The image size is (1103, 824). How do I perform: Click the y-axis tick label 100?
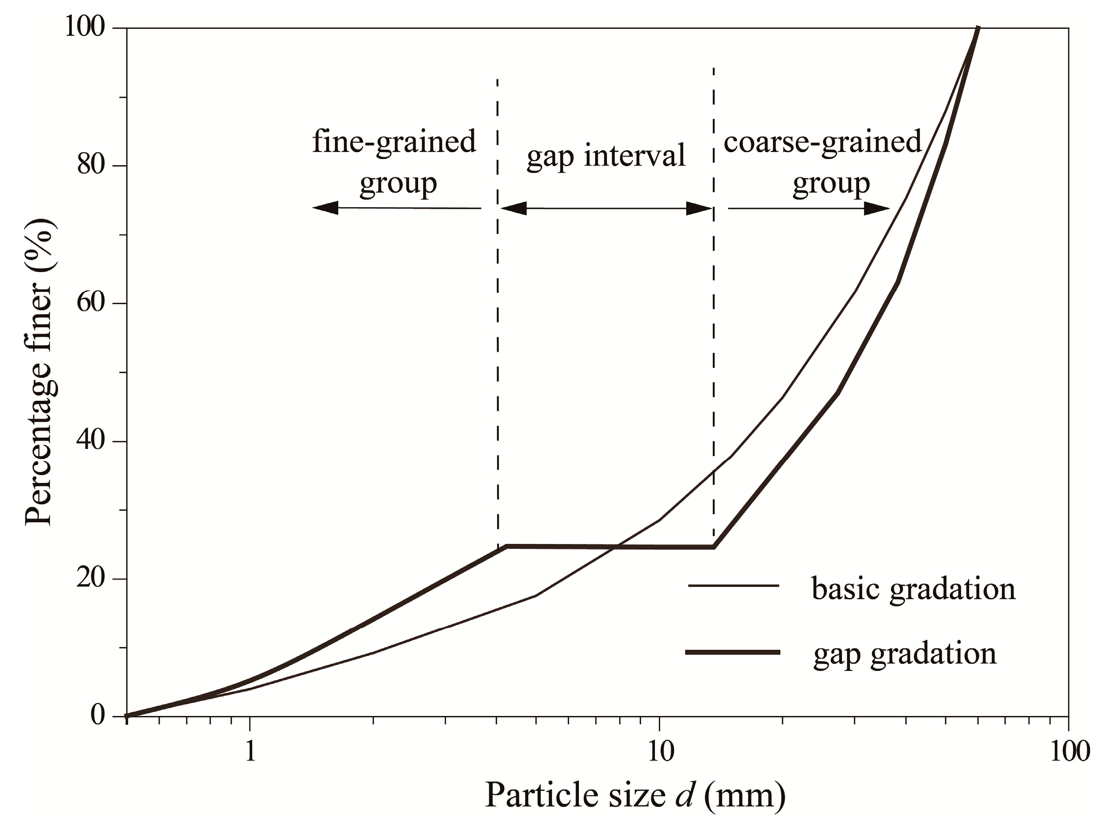pos(85,27)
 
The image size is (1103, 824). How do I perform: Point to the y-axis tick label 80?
pos(91,165)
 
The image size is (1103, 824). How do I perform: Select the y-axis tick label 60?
pos(91,303)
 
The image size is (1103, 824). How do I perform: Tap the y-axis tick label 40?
pos(91,441)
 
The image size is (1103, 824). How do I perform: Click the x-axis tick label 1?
pos(250,752)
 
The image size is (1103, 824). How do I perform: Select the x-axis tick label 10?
pos(660,752)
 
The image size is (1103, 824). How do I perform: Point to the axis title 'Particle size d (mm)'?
pos(635,796)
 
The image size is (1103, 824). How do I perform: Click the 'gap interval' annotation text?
pos(606,156)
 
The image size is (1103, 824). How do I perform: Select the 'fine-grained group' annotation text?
pos(395,161)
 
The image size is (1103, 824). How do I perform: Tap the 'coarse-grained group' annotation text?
pos(822,161)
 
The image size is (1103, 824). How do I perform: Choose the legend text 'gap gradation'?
pos(905,654)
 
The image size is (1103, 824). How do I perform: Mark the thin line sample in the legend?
pos(733,586)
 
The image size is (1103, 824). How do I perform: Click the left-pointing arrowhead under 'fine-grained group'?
pos(326,208)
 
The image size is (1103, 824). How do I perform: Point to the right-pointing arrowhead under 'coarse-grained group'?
pos(877,208)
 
